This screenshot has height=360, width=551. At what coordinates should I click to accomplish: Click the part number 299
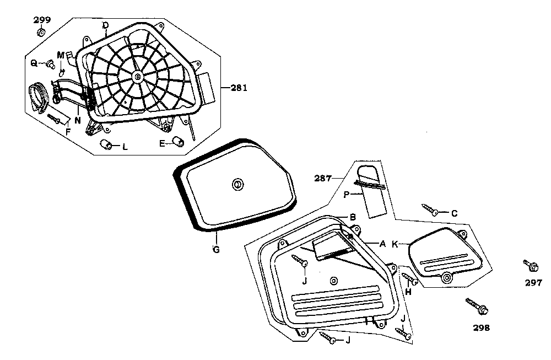42,20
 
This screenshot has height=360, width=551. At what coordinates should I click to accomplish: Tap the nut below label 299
42,33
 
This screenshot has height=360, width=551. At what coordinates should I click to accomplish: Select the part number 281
239,88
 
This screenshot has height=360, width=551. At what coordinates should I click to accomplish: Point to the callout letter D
106,25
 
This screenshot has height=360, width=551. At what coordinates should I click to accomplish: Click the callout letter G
216,250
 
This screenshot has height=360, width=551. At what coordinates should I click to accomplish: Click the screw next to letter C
430,209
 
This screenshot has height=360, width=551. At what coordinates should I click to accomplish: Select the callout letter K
395,244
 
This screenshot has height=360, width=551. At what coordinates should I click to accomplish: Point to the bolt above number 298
476,305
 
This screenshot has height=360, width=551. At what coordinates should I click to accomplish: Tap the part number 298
480,327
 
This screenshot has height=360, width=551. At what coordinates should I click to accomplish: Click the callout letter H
408,292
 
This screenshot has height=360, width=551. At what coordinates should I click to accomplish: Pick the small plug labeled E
177,141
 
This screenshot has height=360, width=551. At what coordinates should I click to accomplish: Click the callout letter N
78,119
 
